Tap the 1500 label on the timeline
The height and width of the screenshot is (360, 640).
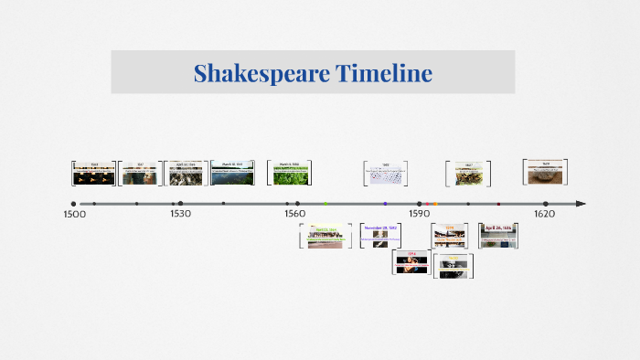pyautogui.click(x=74, y=214)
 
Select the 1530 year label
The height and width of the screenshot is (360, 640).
pyautogui.click(x=180, y=214)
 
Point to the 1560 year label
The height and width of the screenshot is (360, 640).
pyautogui.click(x=294, y=214)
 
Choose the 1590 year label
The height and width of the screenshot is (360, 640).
pyautogui.click(x=419, y=214)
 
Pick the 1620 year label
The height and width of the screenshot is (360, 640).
pyautogui.click(x=544, y=214)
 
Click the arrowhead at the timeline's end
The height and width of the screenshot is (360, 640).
pyautogui.click(x=581, y=204)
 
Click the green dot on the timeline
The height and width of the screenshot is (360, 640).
pyautogui.click(x=325, y=204)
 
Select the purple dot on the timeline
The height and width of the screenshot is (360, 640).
pyautogui.click(x=385, y=204)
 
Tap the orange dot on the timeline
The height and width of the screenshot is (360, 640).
pyautogui.click(x=435, y=204)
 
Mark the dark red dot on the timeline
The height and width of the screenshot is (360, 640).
pyautogui.click(x=498, y=204)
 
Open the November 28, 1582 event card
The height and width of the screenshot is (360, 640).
pyautogui.click(x=380, y=236)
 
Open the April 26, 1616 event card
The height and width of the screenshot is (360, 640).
pyautogui.click(x=499, y=236)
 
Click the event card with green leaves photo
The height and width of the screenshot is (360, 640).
pyautogui.click(x=290, y=173)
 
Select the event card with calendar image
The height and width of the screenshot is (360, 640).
pyautogui.click(x=385, y=173)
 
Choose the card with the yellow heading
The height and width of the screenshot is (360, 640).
pyautogui.click(x=449, y=236)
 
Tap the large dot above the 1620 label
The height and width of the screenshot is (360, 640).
pyautogui.click(x=546, y=204)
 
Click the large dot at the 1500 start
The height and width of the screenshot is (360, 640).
pyautogui.click(x=73, y=204)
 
